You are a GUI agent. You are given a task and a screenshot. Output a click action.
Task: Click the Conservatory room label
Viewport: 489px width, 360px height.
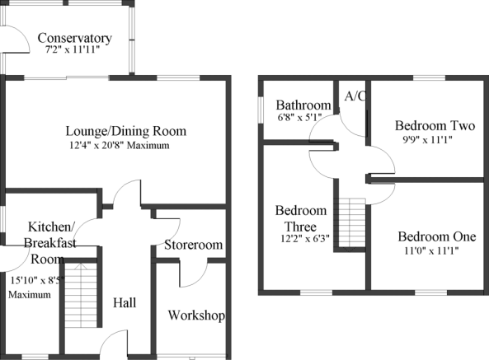[x=74, y=38]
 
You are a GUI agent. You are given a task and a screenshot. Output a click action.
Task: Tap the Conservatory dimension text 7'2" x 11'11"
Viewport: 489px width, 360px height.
[x=73, y=49]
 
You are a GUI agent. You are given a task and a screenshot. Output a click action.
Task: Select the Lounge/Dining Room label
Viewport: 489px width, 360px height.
[x=126, y=131]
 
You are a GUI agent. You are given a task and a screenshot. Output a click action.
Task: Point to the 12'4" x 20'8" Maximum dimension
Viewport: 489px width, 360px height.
[x=120, y=146]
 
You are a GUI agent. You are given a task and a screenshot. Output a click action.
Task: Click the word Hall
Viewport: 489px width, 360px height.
[x=125, y=302]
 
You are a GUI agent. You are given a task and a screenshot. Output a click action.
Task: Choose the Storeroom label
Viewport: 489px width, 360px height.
[x=193, y=245]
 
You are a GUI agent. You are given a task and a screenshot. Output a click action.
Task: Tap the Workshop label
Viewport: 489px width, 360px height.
[x=196, y=316]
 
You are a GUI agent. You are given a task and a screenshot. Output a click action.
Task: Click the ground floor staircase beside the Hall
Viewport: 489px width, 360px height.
[x=81, y=295]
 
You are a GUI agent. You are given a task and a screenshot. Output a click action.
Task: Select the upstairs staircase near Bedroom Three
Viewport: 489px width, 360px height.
[x=352, y=222]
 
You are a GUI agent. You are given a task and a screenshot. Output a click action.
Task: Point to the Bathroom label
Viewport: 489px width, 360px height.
[x=303, y=105]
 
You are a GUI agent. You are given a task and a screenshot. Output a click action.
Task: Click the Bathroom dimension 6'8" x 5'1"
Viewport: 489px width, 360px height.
[x=299, y=118]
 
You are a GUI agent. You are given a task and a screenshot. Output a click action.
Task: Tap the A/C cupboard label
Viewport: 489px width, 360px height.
[x=355, y=96]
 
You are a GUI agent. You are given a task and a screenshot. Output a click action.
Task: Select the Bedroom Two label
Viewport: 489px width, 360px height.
[x=435, y=126]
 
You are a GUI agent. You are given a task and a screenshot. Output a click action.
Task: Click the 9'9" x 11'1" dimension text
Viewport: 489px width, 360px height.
[x=427, y=140]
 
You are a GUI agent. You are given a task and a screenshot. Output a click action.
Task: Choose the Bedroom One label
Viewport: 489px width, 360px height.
[x=437, y=236]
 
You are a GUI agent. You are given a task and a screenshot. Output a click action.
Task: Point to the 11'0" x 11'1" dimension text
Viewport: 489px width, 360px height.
[x=431, y=250]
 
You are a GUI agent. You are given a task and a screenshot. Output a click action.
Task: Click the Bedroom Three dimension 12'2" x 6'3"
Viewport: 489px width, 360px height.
[x=305, y=239]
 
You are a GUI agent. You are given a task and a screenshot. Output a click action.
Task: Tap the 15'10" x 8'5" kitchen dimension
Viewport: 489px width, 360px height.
[x=37, y=281]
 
